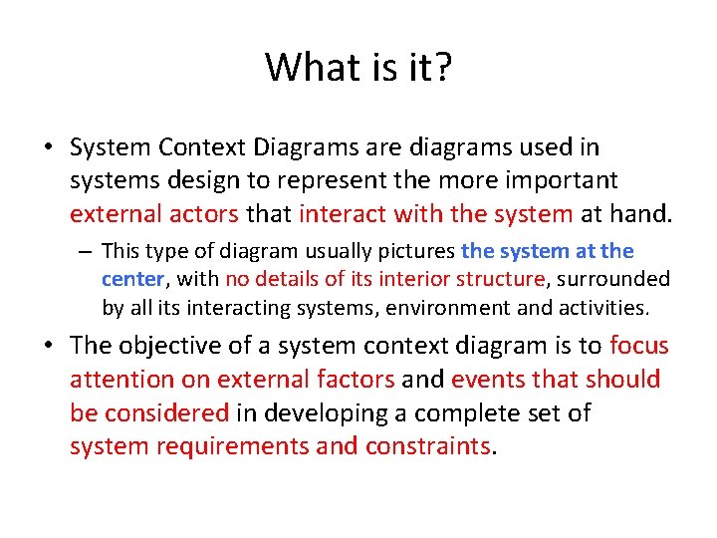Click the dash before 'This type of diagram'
(88, 251)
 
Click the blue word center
(131, 280)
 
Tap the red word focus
(638, 346)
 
